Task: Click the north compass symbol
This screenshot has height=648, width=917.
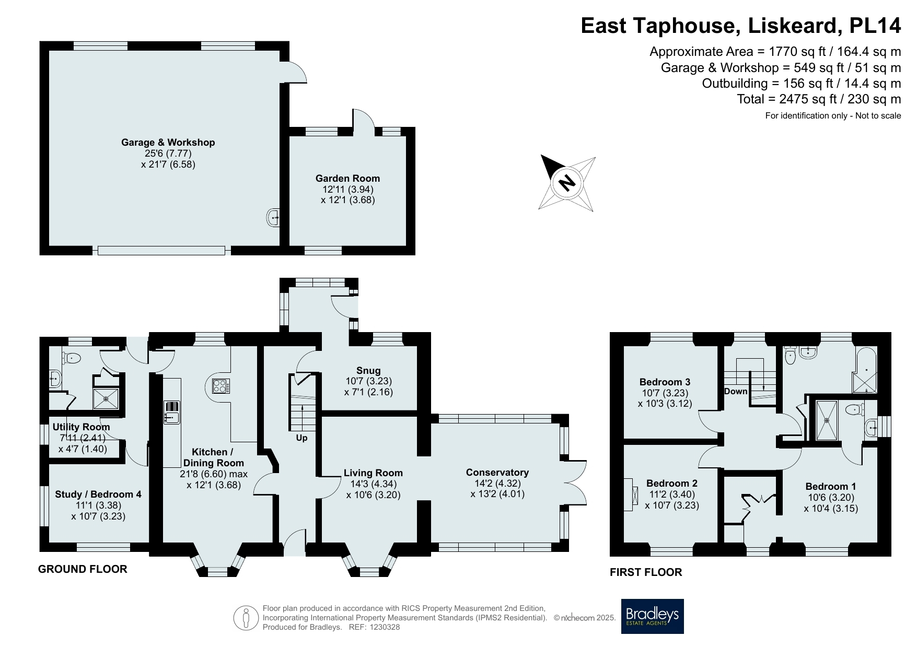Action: [567, 183]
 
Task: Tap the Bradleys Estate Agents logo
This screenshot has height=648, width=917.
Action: [652, 616]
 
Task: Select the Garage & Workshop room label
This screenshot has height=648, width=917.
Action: [168, 142]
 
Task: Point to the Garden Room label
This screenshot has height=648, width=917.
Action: [347, 178]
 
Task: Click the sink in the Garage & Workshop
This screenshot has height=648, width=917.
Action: [273, 217]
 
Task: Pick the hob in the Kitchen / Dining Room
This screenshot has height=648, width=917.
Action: [219, 386]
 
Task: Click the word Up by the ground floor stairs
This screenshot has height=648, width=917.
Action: [301, 438]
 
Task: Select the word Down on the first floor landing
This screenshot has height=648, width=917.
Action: [736, 392]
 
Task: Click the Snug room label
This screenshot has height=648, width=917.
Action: [368, 371]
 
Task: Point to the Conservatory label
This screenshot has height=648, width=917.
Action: [497, 473]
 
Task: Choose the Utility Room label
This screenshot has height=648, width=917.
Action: [81, 427]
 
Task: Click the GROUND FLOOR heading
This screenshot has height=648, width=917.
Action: [83, 569]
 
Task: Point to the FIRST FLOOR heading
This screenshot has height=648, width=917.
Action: [646, 572]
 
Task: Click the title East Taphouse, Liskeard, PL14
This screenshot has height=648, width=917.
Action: [740, 26]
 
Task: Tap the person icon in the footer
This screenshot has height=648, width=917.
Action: [246, 618]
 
